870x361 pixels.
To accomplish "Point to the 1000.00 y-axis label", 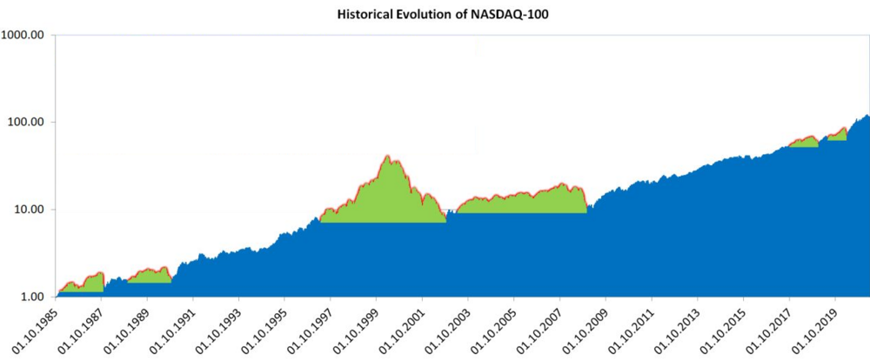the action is pos(27,35).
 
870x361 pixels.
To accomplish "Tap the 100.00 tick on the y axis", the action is pos(31,122).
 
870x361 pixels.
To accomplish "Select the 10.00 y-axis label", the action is pos(35,210).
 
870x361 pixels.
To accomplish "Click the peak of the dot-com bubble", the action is pos(387,156).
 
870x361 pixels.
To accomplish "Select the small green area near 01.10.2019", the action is pos(837,135).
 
